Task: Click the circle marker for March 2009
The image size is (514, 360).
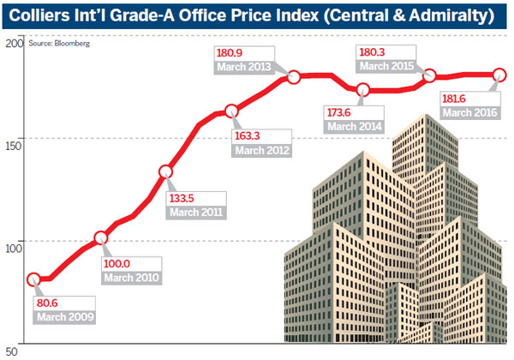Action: [x=34, y=279]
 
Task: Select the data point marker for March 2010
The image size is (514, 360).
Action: [x=101, y=238]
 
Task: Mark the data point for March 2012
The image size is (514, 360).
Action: [x=232, y=111]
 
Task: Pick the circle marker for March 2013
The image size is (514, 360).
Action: [x=294, y=76]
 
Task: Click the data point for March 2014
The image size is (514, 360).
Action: [x=362, y=90]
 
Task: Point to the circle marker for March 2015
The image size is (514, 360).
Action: [x=429, y=76]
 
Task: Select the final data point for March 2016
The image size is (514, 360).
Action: [x=499, y=75]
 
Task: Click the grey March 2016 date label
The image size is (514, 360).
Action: [x=470, y=113]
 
